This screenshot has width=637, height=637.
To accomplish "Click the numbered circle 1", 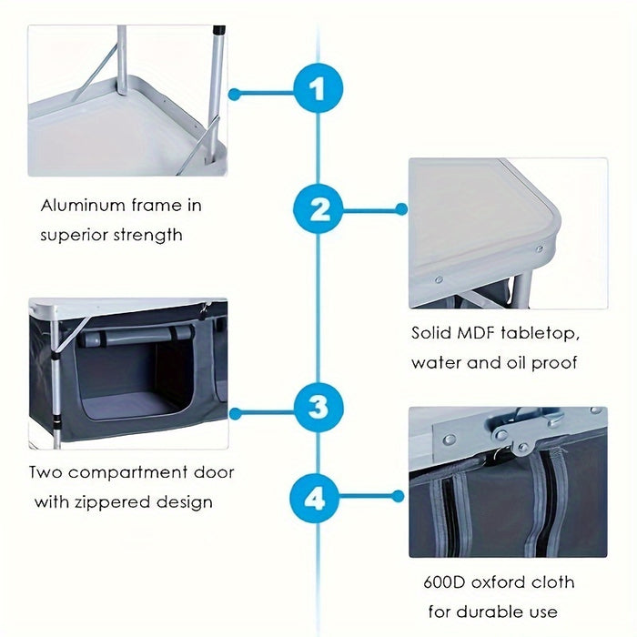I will coord(318,91).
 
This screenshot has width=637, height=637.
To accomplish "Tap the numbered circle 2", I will coord(318,208).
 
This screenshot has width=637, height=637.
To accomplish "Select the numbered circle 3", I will coord(318,409).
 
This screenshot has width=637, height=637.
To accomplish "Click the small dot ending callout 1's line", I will coord(234,93).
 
